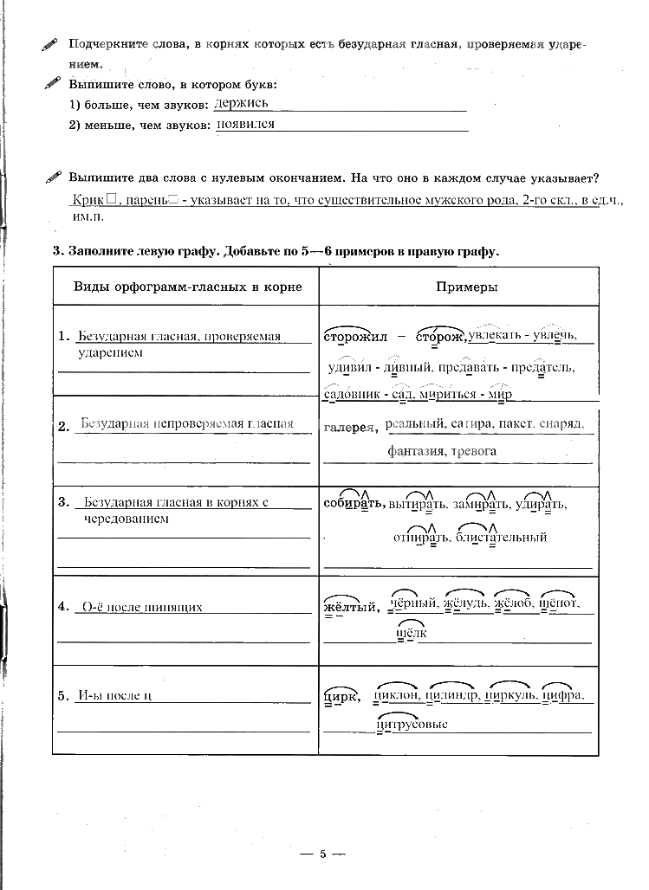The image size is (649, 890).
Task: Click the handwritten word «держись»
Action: [x=242, y=104]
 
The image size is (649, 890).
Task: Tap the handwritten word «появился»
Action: [x=245, y=125]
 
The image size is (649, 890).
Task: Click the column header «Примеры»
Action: [x=460, y=287]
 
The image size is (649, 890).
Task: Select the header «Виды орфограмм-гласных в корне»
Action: [x=187, y=287]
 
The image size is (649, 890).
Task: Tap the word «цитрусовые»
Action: [x=412, y=725]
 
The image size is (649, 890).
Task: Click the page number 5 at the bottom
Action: [x=321, y=855]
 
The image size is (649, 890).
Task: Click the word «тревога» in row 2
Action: [x=473, y=452]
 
